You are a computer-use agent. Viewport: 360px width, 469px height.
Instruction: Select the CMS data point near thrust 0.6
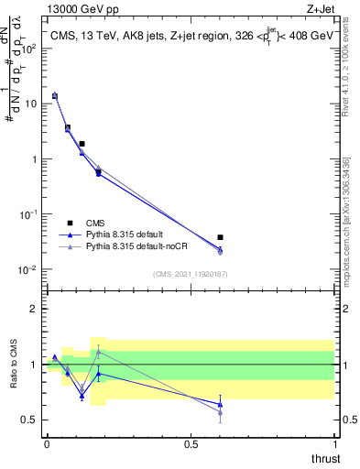220,237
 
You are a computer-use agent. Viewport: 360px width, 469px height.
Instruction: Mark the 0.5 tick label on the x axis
191,442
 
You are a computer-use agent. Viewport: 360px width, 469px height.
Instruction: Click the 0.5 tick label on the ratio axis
31,420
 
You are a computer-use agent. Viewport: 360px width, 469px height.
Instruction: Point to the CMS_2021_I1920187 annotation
191,274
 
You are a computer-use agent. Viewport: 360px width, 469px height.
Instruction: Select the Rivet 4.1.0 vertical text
353,82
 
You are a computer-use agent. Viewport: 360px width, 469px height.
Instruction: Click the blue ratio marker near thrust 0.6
220,404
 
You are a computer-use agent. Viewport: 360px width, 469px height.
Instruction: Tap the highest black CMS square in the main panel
55,95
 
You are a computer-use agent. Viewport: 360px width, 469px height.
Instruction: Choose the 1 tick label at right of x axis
334,442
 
